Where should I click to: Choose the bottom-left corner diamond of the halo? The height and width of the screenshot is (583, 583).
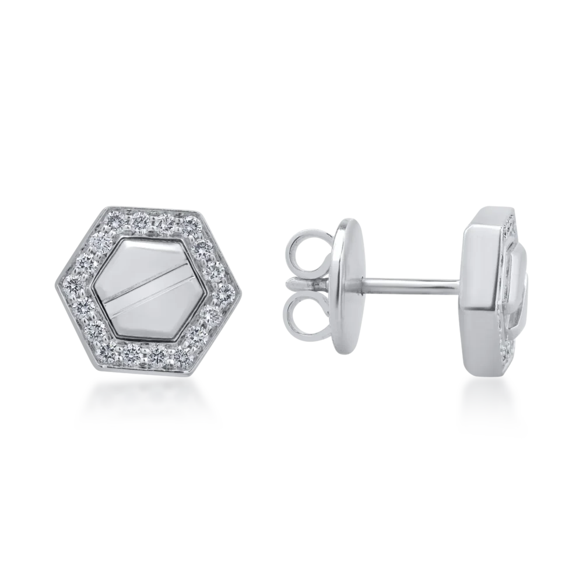click(108, 348)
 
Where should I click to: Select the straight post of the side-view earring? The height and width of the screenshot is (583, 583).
click(408, 285)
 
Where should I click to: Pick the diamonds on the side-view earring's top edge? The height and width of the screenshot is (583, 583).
click(510, 224)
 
